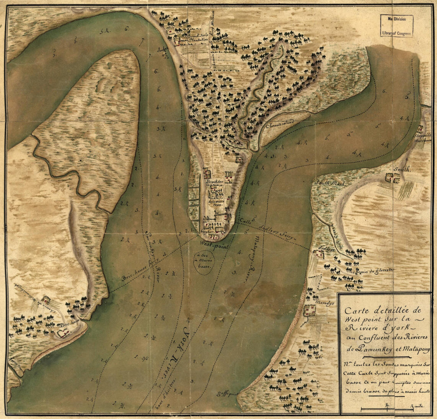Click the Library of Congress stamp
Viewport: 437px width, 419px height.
click(396, 26)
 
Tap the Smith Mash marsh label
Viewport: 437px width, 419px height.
click(330, 183)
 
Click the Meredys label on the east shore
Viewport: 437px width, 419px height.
click(324, 301)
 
